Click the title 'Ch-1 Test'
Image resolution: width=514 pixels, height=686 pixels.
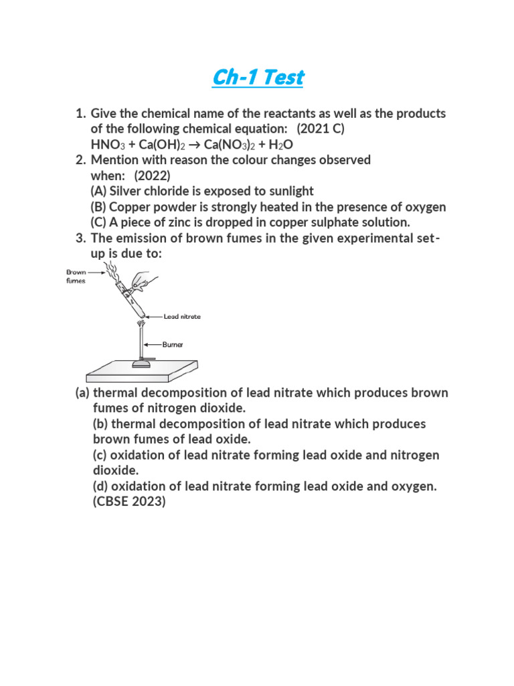(x=258, y=78)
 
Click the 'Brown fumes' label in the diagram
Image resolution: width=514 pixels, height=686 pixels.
(x=76, y=277)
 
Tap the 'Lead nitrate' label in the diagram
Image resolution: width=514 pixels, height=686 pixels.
(x=182, y=316)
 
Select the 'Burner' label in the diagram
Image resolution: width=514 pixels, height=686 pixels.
(x=172, y=344)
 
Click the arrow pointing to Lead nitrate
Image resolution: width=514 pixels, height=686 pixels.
(x=153, y=316)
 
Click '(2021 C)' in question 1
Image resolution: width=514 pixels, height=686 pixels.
(x=321, y=129)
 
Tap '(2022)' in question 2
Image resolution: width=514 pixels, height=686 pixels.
(x=152, y=176)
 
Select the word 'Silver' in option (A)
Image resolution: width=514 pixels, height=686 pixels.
(x=127, y=192)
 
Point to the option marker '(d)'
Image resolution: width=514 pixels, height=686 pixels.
(x=100, y=486)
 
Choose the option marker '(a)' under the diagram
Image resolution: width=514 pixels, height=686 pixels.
(x=82, y=393)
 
